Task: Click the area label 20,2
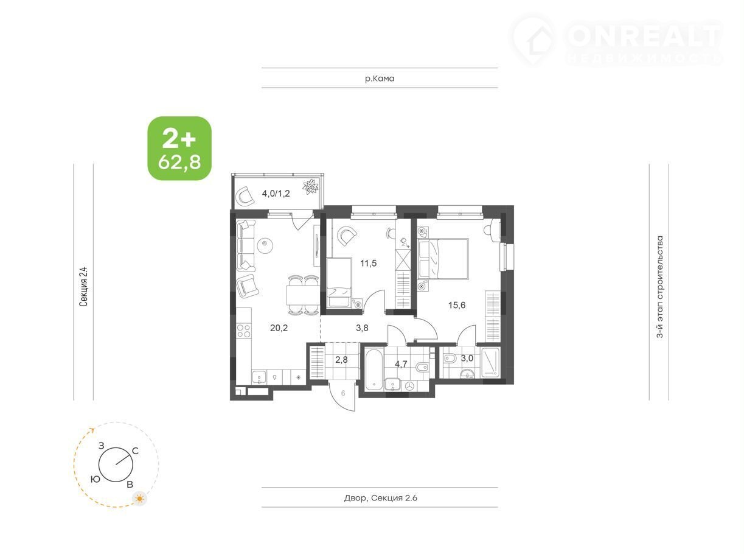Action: tap(279, 328)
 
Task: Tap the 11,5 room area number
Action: tap(368, 263)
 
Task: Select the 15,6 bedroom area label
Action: tap(457, 305)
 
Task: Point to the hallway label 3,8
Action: tap(362, 328)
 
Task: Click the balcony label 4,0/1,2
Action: tap(276, 194)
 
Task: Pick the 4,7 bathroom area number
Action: tap(401, 364)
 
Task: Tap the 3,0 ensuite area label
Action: tap(467, 358)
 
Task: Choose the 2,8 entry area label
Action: tap(341, 360)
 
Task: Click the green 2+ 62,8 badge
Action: tap(179, 149)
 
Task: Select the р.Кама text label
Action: tap(380, 79)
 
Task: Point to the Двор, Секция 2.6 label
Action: tap(380, 497)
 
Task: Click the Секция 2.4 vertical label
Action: tap(83, 286)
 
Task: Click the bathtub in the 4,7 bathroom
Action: tap(374, 370)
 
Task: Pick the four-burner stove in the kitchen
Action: tap(243, 331)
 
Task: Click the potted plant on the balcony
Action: tap(311, 187)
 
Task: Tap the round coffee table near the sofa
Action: tap(265, 245)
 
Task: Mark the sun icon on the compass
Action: tap(139, 499)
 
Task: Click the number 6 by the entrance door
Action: tap(343, 393)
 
